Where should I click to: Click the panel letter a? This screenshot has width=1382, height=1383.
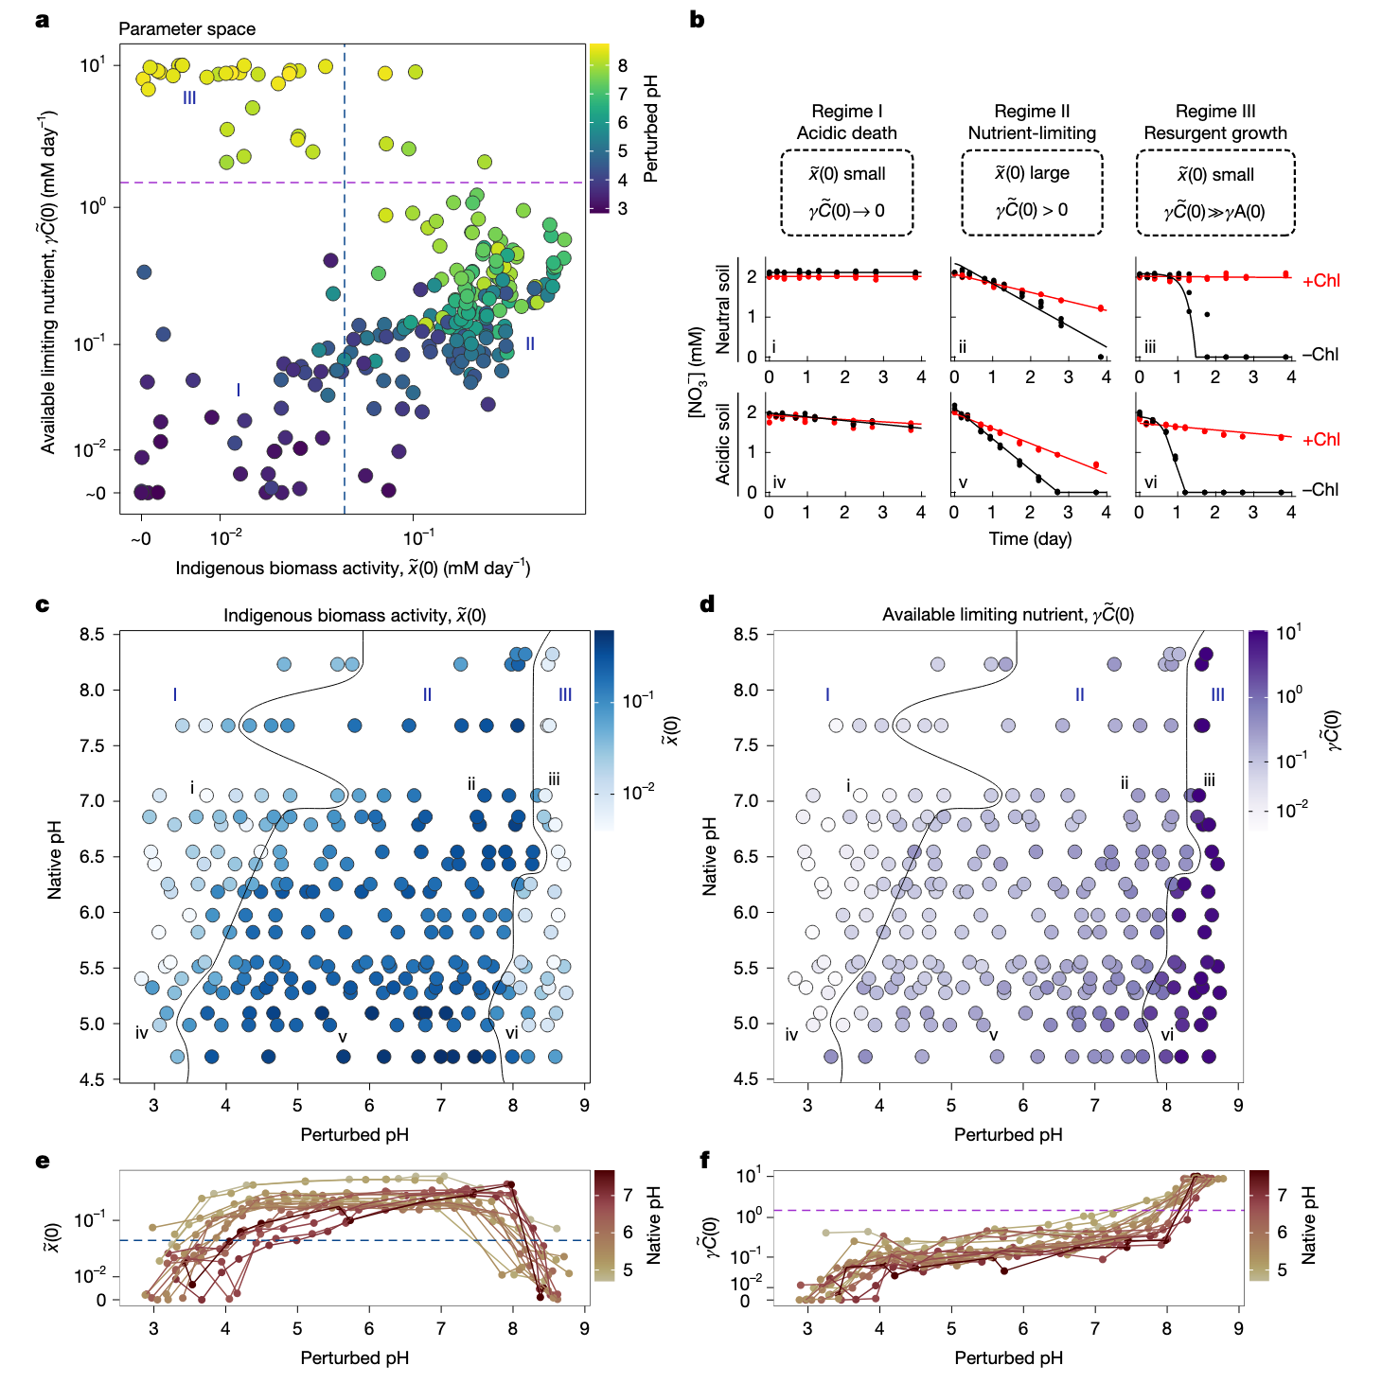click(x=42, y=20)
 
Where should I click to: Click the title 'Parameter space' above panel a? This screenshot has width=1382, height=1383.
click(x=186, y=28)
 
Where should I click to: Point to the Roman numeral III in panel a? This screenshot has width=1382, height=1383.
click(x=189, y=97)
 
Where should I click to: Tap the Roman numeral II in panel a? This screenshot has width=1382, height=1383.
click(x=530, y=343)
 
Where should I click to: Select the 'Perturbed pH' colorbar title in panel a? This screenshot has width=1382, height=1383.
click(x=650, y=128)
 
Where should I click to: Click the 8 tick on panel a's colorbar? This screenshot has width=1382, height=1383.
click(x=623, y=65)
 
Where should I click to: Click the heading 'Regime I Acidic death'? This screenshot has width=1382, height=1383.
click(x=846, y=122)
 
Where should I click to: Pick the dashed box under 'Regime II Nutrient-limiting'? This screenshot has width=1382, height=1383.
click(x=1032, y=192)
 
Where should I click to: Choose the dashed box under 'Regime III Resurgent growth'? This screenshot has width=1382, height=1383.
click(x=1215, y=192)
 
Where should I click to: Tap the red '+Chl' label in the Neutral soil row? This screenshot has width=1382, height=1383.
click(x=1321, y=280)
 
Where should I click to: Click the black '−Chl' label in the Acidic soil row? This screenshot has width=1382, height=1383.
click(x=1320, y=489)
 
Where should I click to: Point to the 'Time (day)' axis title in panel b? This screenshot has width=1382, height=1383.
click(x=1030, y=539)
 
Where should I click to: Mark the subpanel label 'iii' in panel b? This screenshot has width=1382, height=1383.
click(x=1150, y=347)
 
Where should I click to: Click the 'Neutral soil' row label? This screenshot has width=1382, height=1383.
click(x=723, y=309)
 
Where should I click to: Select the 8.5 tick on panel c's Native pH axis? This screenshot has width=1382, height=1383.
click(x=92, y=634)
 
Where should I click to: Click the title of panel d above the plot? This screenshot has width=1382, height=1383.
click(x=1008, y=615)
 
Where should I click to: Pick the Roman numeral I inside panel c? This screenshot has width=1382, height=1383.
click(x=175, y=694)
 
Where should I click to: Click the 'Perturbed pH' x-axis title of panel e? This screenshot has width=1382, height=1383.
click(x=354, y=1357)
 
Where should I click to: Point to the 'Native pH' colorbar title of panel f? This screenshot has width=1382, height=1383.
click(x=1308, y=1226)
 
